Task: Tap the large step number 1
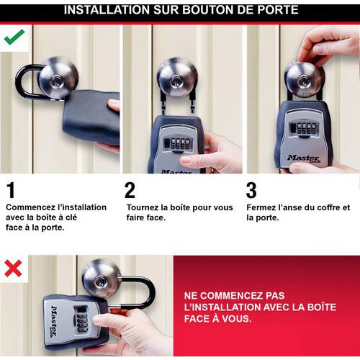tap(11, 191)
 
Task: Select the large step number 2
tap(130, 191)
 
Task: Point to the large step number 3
tap(251, 191)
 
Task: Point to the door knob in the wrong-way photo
tap(101, 277)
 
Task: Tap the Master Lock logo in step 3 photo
tap(303, 158)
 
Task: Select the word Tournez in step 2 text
tap(143, 207)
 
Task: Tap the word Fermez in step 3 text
tap(262, 207)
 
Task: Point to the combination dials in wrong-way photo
tap(81, 319)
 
